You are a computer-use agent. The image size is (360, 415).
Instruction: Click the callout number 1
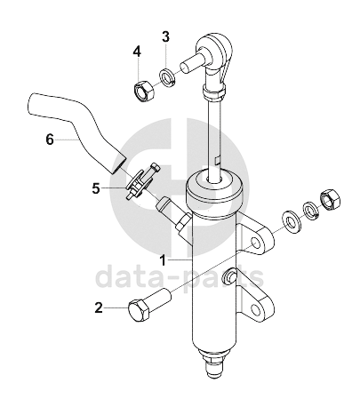(163, 260)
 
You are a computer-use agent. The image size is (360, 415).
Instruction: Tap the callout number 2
(99, 307)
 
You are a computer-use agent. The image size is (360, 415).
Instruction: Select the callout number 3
(165, 36)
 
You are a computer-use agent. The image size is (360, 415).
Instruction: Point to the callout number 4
(137, 52)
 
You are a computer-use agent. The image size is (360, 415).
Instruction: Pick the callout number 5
(96, 188)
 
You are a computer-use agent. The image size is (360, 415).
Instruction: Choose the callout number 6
(50, 140)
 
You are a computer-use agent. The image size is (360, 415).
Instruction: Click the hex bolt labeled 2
(149, 307)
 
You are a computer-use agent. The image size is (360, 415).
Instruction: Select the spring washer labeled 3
(168, 77)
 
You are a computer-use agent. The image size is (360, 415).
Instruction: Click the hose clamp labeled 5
(141, 181)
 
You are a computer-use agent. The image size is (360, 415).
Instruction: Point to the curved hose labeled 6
(77, 130)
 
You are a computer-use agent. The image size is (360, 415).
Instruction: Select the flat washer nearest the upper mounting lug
(291, 221)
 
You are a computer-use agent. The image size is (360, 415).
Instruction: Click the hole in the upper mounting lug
(256, 243)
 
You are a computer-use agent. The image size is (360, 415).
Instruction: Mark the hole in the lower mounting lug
(255, 310)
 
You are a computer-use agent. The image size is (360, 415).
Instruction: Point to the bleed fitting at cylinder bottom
(214, 363)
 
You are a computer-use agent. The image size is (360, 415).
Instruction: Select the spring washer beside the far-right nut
(310, 211)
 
